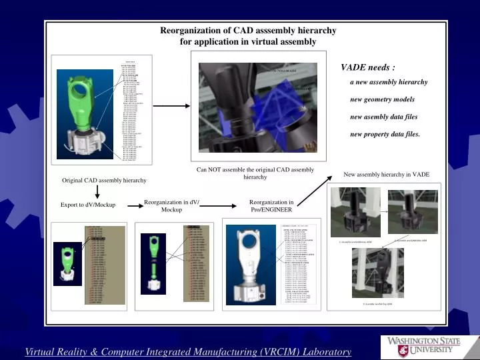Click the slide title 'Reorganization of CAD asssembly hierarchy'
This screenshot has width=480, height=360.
[x=248, y=31]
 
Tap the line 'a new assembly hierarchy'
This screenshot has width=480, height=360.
[x=389, y=82]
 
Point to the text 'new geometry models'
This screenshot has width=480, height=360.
[x=382, y=99]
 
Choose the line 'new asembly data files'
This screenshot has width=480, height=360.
[x=384, y=117]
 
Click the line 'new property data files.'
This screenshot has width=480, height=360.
[x=385, y=134]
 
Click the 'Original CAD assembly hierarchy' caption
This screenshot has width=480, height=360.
[x=104, y=181]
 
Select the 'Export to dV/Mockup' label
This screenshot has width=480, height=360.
[x=83, y=204]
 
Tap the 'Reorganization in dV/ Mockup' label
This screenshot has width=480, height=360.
[x=171, y=205]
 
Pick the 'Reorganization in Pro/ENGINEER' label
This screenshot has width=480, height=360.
[x=271, y=205]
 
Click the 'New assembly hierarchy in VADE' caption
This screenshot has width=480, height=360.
[x=386, y=174]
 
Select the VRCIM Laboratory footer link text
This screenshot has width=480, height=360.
[x=188, y=351]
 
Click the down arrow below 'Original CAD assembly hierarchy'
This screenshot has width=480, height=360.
[x=97, y=192]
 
